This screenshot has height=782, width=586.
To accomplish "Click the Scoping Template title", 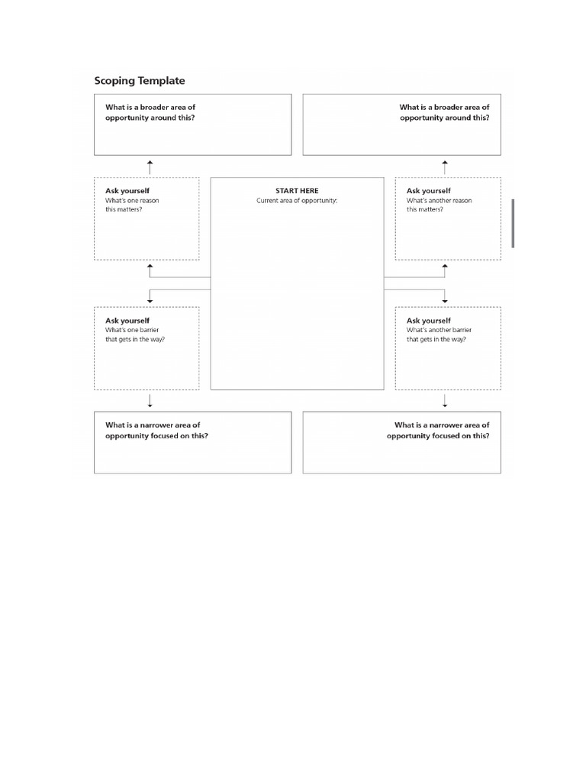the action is (140, 80).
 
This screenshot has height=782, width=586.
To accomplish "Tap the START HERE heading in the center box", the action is (297, 191).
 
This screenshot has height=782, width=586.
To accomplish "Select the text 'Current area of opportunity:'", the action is (297, 201).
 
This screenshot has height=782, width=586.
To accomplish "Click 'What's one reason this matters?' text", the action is (132, 205).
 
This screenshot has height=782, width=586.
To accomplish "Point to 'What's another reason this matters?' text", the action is (439, 205).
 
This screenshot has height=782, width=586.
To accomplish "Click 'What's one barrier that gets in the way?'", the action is (135, 334).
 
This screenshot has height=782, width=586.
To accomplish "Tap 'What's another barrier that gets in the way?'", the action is (439, 334).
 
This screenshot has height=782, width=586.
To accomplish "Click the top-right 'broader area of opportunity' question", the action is (444, 113).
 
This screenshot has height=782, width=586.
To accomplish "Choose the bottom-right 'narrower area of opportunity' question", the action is (438, 430).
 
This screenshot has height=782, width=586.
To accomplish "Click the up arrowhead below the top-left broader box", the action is (150, 163).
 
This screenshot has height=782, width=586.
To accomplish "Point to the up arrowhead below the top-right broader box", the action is (445, 163).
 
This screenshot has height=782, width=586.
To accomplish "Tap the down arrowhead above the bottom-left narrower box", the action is (150, 406).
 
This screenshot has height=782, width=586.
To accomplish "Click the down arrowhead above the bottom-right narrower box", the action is (445, 406).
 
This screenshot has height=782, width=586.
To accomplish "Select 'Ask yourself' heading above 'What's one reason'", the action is (127, 191).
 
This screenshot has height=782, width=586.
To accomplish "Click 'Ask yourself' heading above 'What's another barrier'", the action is (429, 321).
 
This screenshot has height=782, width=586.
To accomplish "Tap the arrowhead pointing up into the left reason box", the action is (150, 267).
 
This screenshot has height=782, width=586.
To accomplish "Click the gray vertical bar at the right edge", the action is (513, 223).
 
